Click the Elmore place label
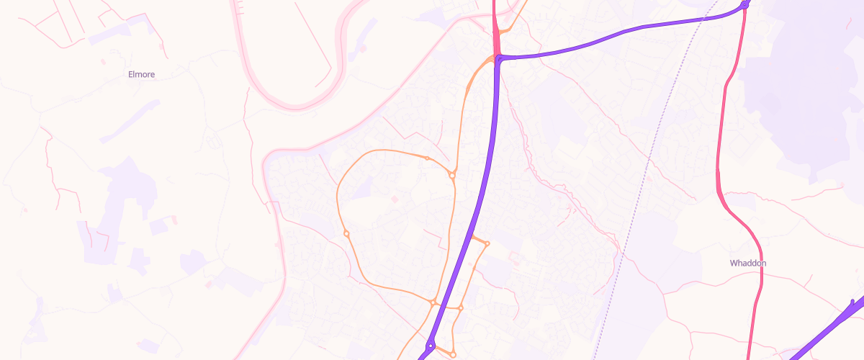tap(141, 74)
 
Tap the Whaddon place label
tap(748, 264)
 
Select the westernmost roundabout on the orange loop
tap(346, 233)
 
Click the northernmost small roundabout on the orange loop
tap(427, 158)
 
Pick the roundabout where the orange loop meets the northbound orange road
tap(452, 175)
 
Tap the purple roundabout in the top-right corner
tap(744, 6)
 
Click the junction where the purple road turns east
tap(499, 58)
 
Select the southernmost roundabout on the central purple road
tap(430, 346)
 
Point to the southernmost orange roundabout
tap(453, 354)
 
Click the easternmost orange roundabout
tap(487, 243)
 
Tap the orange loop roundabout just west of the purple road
tap(433, 302)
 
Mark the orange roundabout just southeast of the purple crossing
tap(461, 308)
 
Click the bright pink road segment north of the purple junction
tap(495, 29)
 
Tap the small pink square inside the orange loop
tap(394, 199)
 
